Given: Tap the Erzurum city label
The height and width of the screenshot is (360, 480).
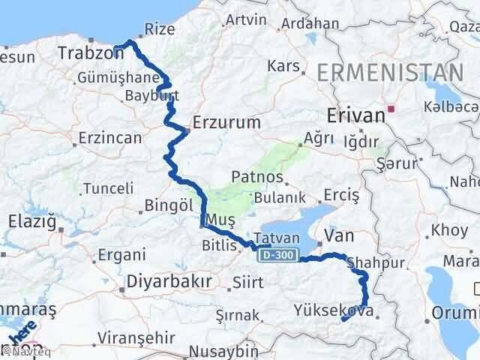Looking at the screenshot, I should coord(226,121).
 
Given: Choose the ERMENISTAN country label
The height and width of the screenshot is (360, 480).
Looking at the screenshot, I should coord(389,73).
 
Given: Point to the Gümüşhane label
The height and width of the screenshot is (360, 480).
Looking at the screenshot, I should coord(118,78).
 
